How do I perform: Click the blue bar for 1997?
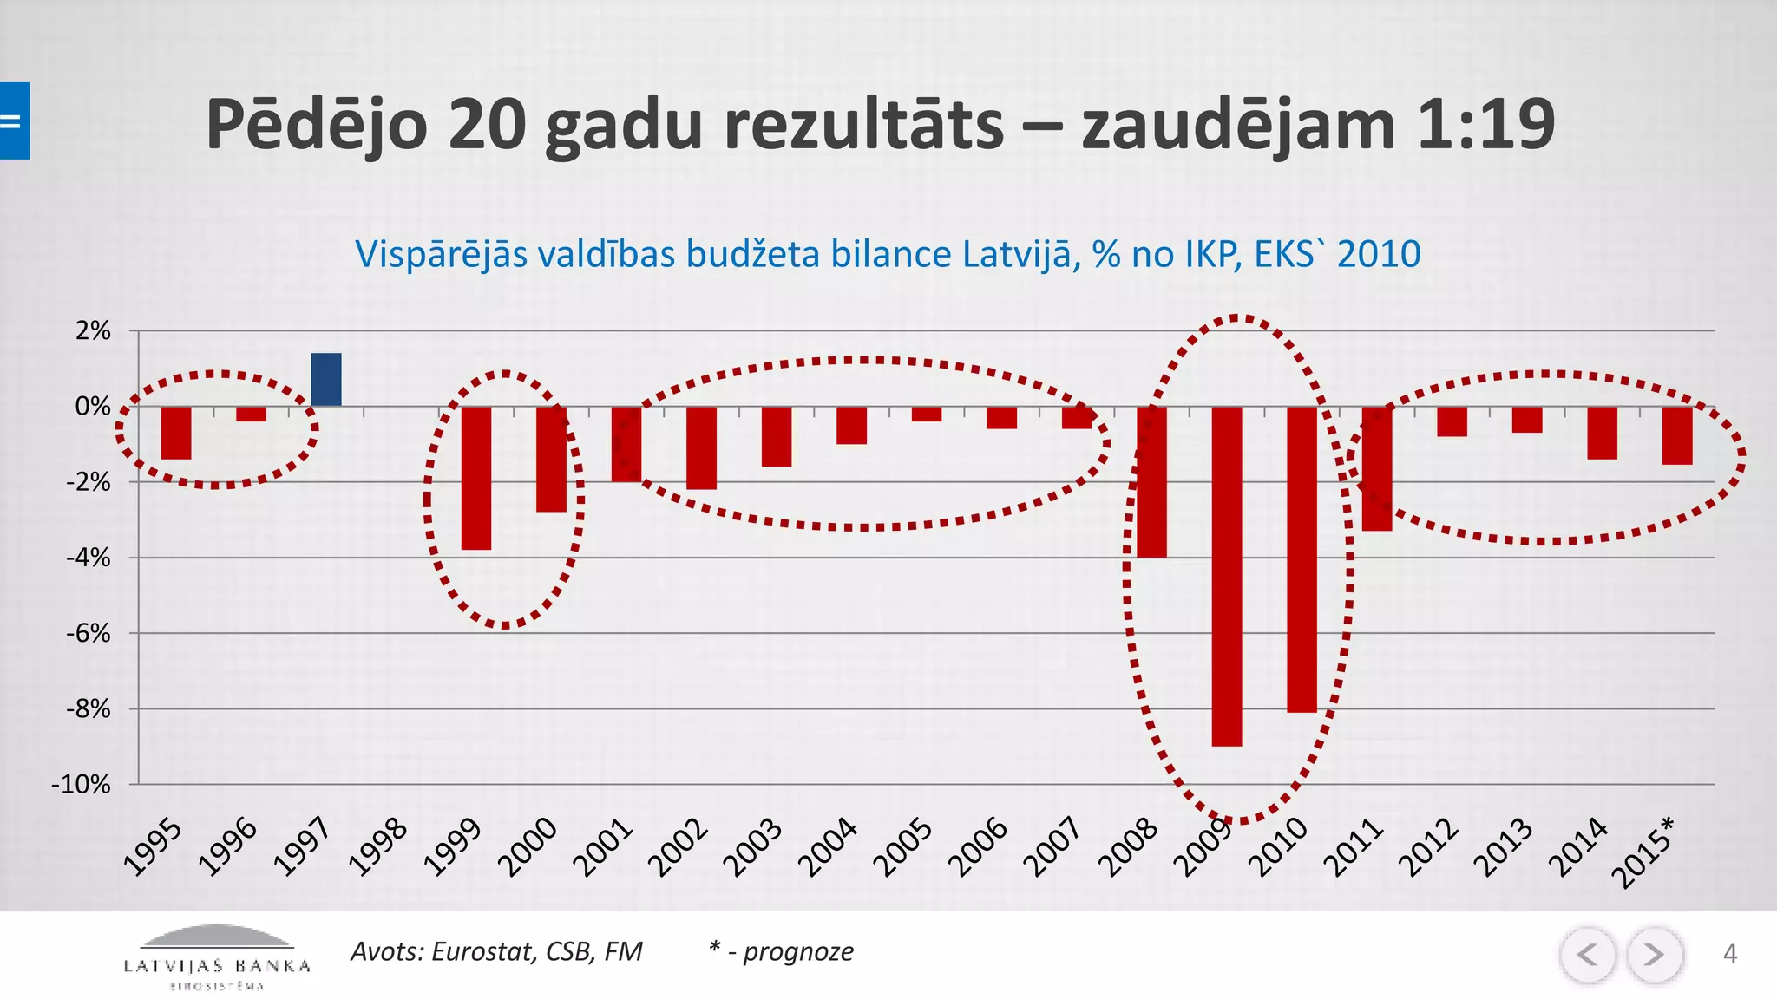coord(326,380)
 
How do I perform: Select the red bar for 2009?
coord(1226,576)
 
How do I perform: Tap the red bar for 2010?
coord(1302,559)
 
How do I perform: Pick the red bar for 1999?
coord(475,478)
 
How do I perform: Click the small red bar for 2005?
coord(927,415)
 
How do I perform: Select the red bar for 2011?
coord(1377,468)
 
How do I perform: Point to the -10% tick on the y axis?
coord(82,785)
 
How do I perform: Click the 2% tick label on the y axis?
coord(93,330)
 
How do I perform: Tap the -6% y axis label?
coord(88,633)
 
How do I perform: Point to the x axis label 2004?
coord(829,847)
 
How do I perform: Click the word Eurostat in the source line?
coord(482,951)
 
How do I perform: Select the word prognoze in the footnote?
coord(798,951)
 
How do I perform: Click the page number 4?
coord(1729,954)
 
